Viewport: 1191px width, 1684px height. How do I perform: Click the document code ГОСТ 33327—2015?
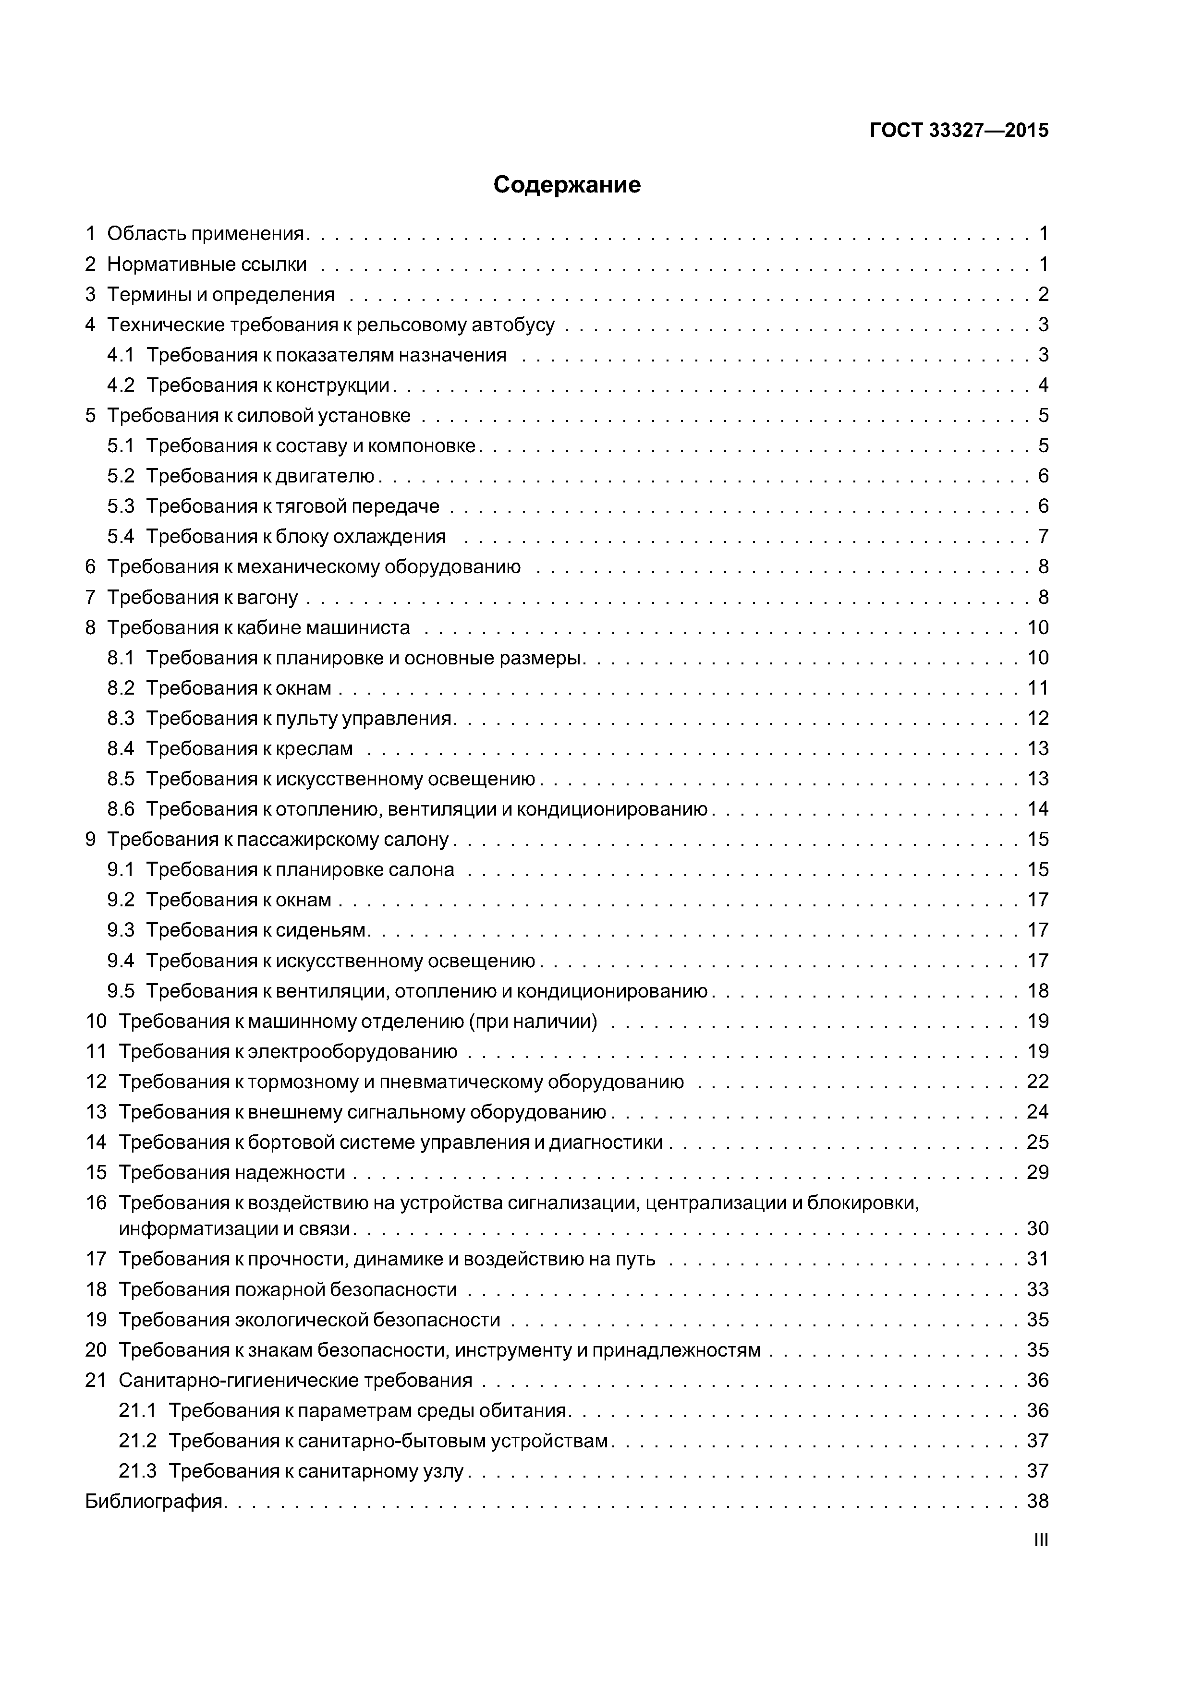(959, 131)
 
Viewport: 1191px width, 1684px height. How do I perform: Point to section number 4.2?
(121, 385)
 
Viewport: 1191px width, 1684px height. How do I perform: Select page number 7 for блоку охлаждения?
(1043, 536)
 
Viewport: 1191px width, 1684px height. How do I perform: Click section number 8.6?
(121, 809)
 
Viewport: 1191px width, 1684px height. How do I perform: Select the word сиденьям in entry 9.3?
(320, 930)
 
